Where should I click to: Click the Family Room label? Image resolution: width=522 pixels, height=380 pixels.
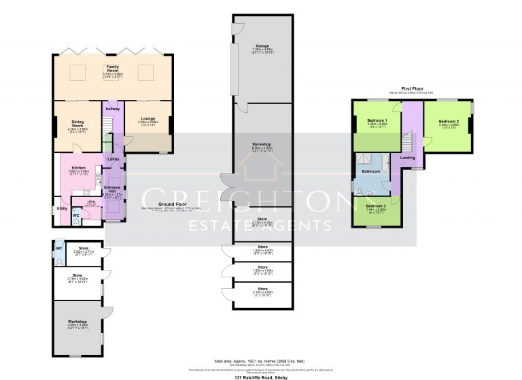(112, 65)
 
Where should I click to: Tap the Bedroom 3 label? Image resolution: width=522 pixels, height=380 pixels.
(376, 205)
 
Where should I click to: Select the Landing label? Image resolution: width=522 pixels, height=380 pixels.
(408, 158)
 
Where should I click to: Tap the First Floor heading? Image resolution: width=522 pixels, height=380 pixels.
(412, 88)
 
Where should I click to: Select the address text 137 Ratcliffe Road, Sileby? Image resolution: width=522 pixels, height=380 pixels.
(261, 376)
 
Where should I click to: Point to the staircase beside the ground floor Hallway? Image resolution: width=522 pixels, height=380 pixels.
(107, 124)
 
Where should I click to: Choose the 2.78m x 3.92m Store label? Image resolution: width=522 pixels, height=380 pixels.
(80, 275)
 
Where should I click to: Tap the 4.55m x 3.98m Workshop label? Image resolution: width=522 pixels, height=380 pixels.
(79, 322)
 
